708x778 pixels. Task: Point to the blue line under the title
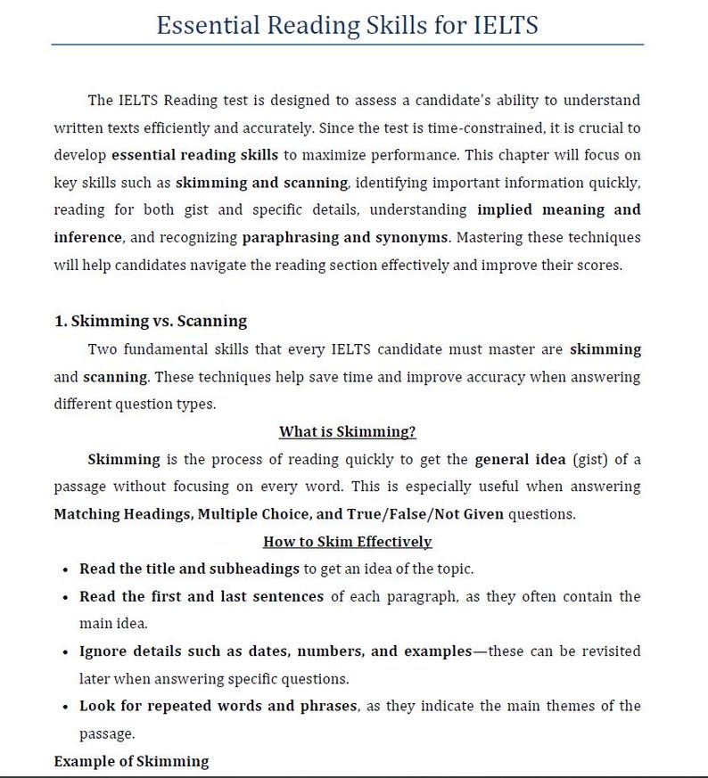tap(348, 44)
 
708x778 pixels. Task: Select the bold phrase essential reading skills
tap(195, 155)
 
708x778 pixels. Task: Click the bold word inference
tap(86, 239)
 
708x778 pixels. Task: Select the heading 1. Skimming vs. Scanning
tap(151, 321)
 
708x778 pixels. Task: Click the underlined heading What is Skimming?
tap(348, 432)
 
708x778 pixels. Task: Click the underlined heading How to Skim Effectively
tap(348, 542)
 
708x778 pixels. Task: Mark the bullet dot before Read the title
tap(67, 569)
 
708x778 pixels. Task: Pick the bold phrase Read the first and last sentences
tap(202, 596)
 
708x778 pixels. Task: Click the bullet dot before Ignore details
tap(67, 651)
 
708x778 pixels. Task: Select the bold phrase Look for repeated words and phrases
tap(218, 706)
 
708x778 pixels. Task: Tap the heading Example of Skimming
tap(131, 761)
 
